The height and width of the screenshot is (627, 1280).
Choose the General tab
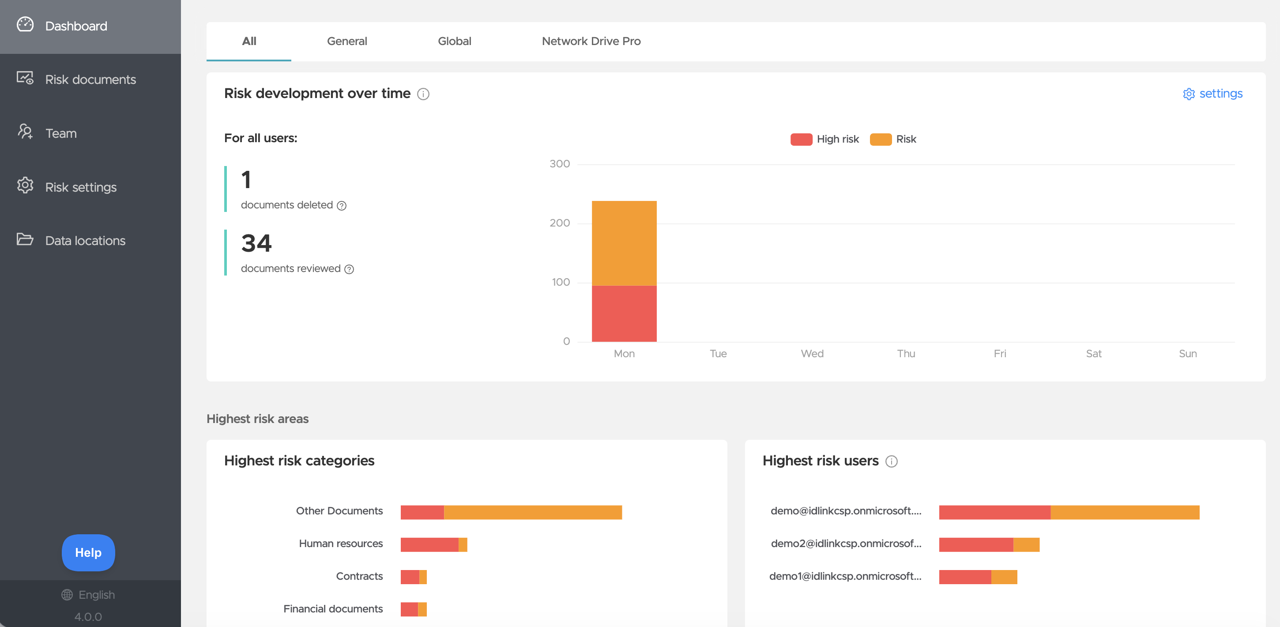point(347,41)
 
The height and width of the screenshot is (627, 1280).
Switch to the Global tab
point(454,41)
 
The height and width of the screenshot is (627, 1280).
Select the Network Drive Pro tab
point(591,41)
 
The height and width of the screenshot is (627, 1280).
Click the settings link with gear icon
point(1212,94)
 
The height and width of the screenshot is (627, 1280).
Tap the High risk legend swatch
point(801,139)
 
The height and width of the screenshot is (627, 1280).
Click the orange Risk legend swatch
point(881,139)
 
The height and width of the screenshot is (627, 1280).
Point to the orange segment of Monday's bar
point(624,243)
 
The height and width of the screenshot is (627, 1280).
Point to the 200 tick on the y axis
point(560,223)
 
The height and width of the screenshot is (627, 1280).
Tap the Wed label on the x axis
point(812,354)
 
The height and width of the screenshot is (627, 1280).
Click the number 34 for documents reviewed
point(256,243)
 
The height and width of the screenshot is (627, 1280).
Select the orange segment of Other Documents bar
point(533,512)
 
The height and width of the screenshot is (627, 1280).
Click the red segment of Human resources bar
point(429,544)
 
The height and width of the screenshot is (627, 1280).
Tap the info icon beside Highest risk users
point(892,461)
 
